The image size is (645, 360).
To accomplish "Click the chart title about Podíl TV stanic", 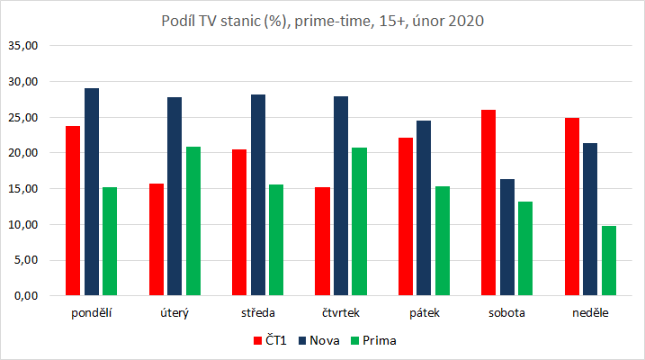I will point(322,22).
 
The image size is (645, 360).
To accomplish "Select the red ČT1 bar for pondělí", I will point(73,211).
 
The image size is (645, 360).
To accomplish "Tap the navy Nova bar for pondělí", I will point(92,192).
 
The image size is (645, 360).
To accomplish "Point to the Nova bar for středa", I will point(258,195).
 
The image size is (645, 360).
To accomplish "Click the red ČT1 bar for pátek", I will point(406,217).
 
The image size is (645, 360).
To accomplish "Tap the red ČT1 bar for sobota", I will point(489,202).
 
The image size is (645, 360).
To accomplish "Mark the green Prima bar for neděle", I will point(609,261).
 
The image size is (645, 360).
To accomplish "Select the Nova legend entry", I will point(321,341).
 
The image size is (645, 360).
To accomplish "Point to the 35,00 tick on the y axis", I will point(23,45).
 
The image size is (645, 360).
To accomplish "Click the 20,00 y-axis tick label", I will point(23,153).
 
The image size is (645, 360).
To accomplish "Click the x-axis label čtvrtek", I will point(342,314).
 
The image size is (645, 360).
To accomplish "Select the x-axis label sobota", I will point(507,314).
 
